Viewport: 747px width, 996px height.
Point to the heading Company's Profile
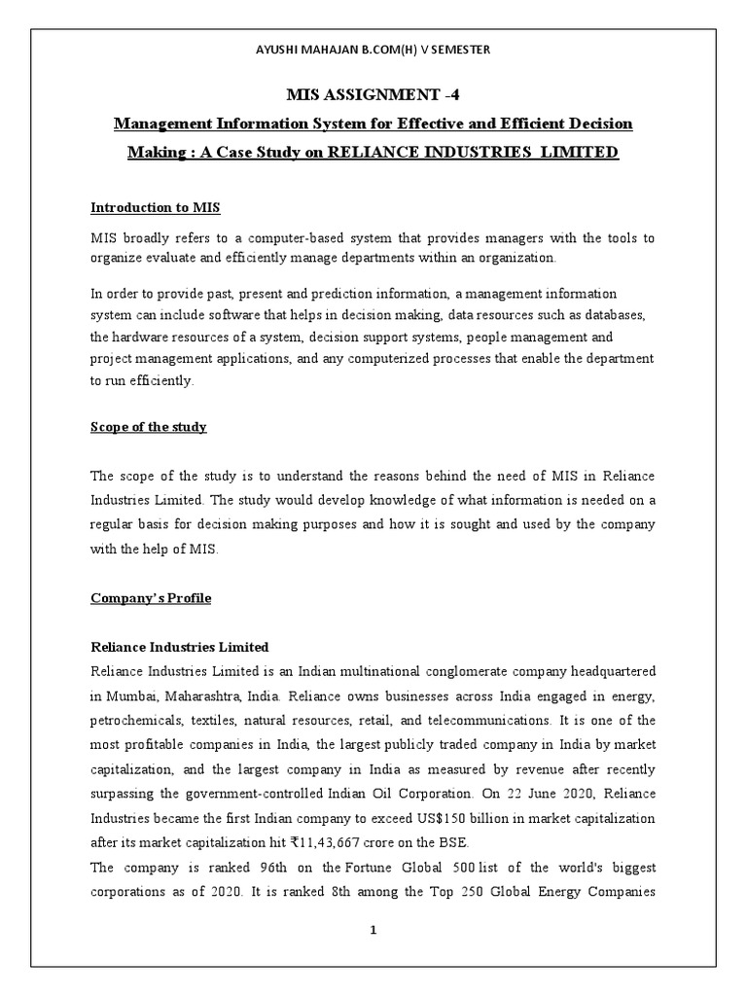pos(150,598)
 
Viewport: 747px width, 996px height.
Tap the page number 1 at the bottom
pos(373,929)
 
